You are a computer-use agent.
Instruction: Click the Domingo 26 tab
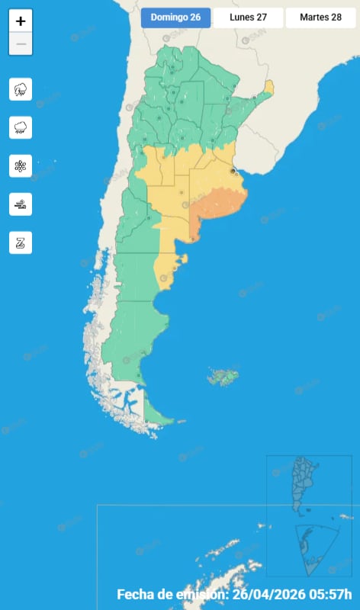point(175,18)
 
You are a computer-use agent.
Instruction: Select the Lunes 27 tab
point(248,18)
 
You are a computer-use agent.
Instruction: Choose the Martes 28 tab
point(320,18)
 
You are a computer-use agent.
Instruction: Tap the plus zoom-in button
point(21,21)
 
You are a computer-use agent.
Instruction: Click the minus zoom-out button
point(21,44)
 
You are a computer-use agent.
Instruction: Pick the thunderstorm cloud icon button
point(21,89)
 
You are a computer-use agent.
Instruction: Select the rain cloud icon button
point(21,127)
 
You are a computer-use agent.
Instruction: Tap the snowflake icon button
point(21,165)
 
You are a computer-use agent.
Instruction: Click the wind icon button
point(21,204)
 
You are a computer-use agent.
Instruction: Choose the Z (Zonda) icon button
point(21,242)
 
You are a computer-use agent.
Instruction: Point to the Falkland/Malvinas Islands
point(224,376)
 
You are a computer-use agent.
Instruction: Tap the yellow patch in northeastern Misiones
point(269,87)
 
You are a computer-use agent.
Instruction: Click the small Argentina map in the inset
point(306,484)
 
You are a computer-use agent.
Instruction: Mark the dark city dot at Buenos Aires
point(233,172)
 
